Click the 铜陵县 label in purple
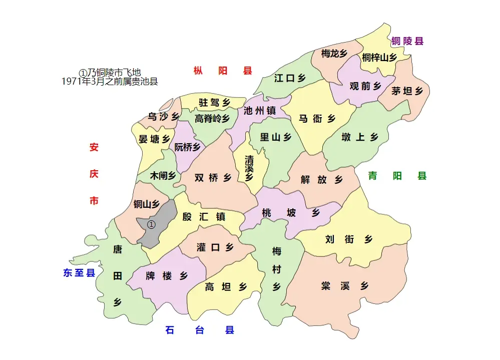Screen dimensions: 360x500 (407, 41)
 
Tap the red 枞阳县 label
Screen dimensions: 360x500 (223, 71)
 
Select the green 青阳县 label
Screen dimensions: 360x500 (397, 176)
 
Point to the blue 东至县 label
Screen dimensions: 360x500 (79, 273)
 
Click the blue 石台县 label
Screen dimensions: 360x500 (200, 330)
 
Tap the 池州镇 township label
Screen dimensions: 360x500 (260, 111)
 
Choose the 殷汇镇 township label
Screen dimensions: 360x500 (204, 217)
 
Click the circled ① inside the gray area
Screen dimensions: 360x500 (152, 224)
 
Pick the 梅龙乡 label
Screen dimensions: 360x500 (334, 54)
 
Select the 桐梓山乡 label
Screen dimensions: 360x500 (379, 58)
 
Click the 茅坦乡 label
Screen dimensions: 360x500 (407, 91)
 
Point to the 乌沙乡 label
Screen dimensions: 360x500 (163, 117)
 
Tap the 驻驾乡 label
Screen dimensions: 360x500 (214, 103)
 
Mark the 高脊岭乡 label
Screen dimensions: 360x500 (212, 119)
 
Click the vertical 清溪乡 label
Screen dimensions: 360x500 (249, 167)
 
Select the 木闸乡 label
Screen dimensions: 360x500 (163, 176)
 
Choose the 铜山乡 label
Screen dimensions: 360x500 (146, 204)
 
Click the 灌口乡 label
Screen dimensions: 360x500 (215, 247)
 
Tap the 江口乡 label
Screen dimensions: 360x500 (290, 78)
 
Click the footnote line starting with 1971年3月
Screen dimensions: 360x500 (110, 82)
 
